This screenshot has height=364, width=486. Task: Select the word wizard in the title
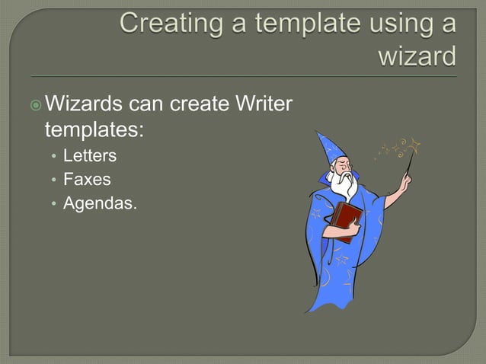pos(417,55)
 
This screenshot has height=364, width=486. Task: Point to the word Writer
pos(263,103)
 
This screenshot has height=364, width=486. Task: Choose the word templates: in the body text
pos(94,129)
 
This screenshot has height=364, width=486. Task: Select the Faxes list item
pos(86,180)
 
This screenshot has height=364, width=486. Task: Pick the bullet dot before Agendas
pos(53,203)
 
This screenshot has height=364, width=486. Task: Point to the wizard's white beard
pos(348,184)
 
